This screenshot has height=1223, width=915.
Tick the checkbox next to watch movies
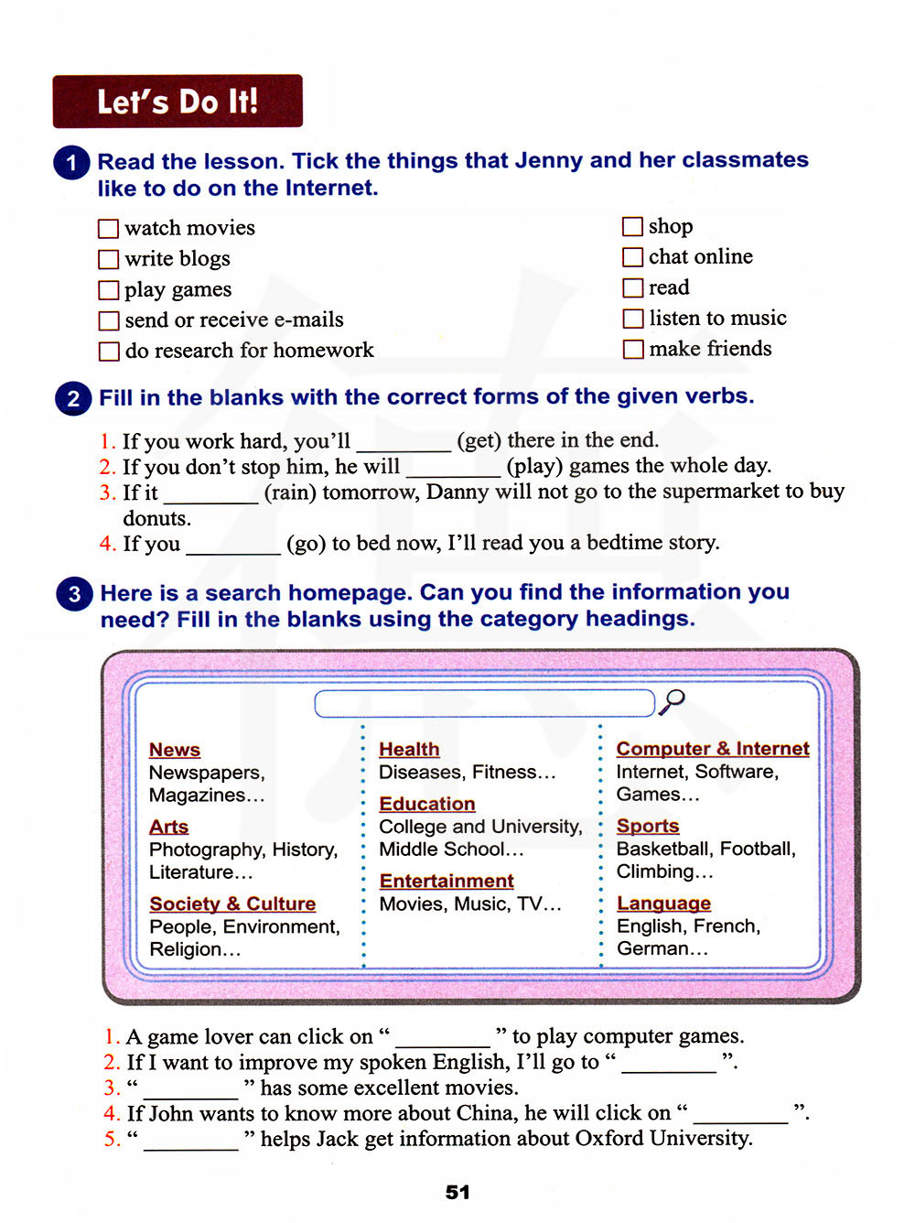pyautogui.click(x=108, y=228)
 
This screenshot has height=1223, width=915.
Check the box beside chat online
pyautogui.click(x=632, y=257)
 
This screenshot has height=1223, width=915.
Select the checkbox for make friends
pyautogui.click(x=632, y=350)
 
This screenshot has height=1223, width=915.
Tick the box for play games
pyautogui.click(x=108, y=290)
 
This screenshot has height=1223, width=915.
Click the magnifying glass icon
pyautogui.click(x=673, y=701)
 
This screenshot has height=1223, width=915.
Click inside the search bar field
pyautogui.click(x=484, y=703)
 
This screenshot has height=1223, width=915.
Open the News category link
pyautogui.click(x=175, y=750)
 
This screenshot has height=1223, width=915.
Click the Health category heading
pyautogui.click(x=409, y=749)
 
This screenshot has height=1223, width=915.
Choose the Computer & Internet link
pyautogui.click(x=713, y=749)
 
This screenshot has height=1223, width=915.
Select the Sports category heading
pyautogui.click(x=648, y=826)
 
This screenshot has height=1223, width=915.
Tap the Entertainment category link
pyautogui.click(x=447, y=881)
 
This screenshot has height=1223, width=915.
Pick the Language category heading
pyautogui.click(x=663, y=904)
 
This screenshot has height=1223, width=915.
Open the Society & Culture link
pyautogui.click(x=232, y=904)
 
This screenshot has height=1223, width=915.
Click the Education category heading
pyautogui.click(x=427, y=804)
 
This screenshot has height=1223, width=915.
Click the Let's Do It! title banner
pyautogui.click(x=178, y=101)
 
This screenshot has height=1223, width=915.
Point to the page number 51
pyautogui.click(x=457, y=1192)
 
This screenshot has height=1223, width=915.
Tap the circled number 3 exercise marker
pyautogui.click(x=74, y=594)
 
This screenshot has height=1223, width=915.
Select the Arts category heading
pyautogui.click(x=169, y=827)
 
